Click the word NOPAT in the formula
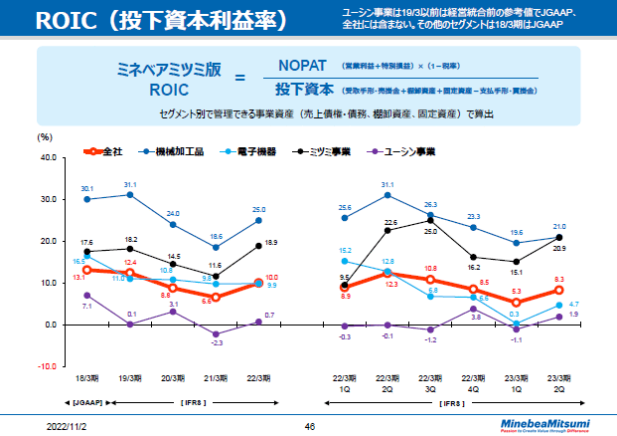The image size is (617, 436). pos(303,65)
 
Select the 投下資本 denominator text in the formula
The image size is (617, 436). pos(303,90)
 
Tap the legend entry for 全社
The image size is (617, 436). pos(105,151)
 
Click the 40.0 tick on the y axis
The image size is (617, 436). pos(45,157)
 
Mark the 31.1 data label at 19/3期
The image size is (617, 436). pos(130,184)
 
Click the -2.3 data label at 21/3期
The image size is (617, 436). pos(217,342)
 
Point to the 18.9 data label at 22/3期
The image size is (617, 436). pos(271,242)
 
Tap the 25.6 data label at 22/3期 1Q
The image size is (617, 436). pos(345,207)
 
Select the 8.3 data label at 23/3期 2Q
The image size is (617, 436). pos(559,280)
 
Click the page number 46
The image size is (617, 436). pos(309,426)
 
